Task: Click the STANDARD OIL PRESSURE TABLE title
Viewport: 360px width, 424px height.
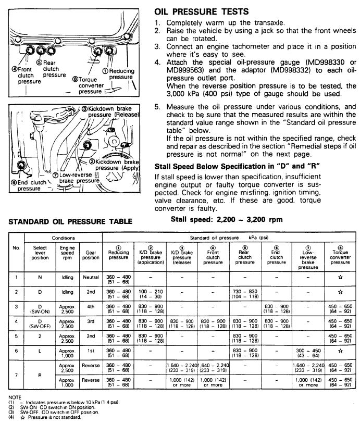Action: click(70, 221)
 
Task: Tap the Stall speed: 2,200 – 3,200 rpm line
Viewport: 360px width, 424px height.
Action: click(227, 219)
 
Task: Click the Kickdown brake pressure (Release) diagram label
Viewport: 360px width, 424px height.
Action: click(106, 111)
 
